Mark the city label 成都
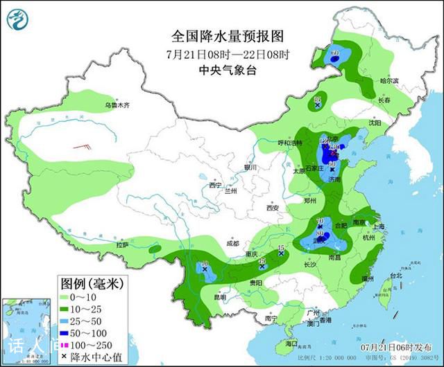232,244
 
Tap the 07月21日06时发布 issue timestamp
398,346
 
